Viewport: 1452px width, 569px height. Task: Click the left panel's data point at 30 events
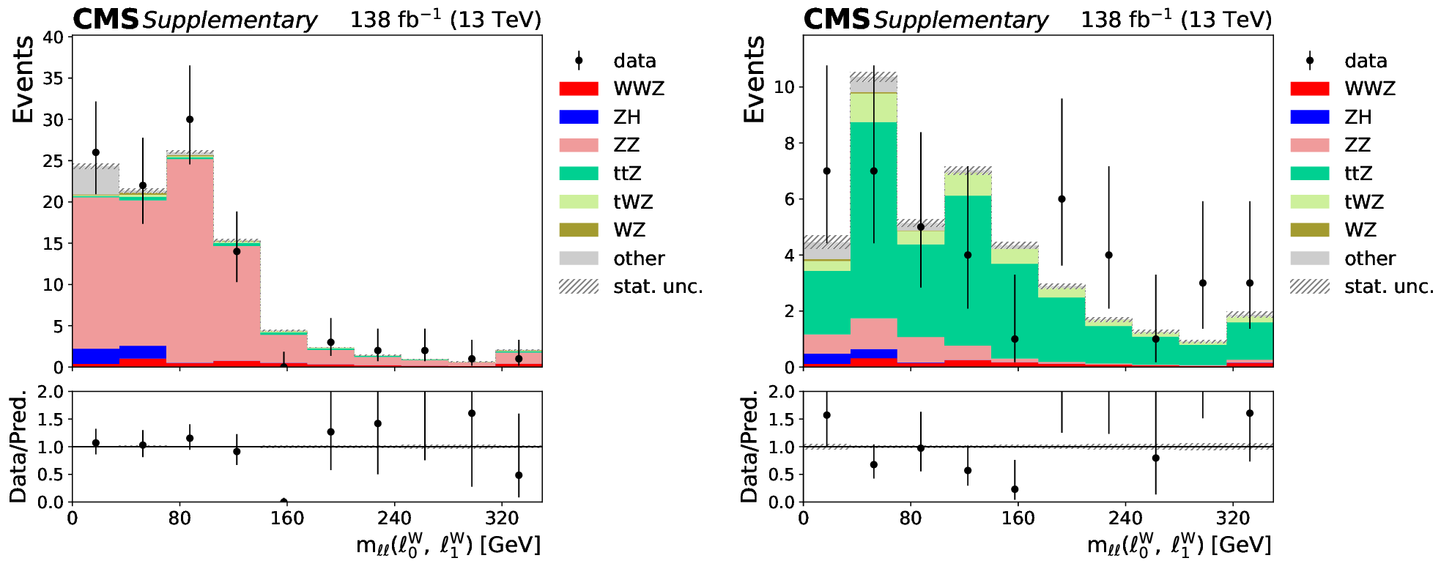(x=190, y=119)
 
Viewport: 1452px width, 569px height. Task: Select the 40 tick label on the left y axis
(x=53, y=37)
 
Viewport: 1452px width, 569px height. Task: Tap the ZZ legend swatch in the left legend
(x=579, y=145)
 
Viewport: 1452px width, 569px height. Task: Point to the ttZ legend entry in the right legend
(x=1358, y=174)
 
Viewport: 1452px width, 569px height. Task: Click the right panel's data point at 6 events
(x=1062, y=199)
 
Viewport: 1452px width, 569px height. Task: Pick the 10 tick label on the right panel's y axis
(x=785, y=87)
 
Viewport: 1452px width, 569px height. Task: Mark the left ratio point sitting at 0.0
(x=284, y=502)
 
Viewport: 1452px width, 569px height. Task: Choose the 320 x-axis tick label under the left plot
(x=502, y=518)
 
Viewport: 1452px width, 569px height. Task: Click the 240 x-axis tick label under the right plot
(x=1125, y=518)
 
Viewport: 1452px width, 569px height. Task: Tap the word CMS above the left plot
(x=105, y=20)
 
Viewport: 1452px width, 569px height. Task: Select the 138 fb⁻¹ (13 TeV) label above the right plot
(x=1176, y=19)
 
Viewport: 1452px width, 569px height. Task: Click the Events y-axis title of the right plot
(x=754, y=79)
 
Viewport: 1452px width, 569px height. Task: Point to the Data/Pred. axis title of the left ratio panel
(x=18, y=447)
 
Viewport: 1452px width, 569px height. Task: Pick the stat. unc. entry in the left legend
(x=658, y=286)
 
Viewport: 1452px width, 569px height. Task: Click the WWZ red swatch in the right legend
(x=1310, y=89)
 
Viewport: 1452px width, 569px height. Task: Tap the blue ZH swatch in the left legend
(x=579, y=117)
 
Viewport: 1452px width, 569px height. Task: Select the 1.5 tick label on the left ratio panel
(x=51, y=419)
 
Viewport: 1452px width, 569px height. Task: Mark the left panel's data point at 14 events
(x=237, y=251)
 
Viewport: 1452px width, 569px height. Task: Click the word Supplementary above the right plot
(x=960, y=21)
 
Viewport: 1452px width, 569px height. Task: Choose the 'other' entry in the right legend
(x=1370, y=259)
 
